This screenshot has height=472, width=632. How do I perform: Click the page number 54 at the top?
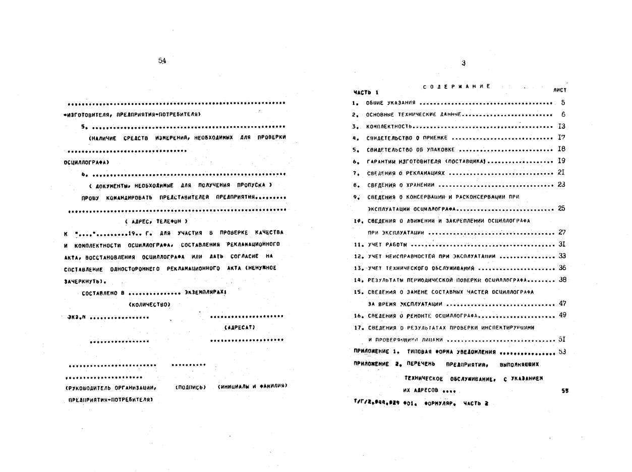(x=162, y=61)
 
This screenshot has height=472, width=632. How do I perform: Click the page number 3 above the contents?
(x=463, y=64)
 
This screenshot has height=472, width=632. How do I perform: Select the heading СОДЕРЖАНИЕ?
(x=456, y=86)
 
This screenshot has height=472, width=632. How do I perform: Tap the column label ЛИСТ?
(x=559, y=90)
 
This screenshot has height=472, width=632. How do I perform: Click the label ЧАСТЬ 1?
(x=366, y=92)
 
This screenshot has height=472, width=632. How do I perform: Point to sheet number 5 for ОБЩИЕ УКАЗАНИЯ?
(x=563, y=102)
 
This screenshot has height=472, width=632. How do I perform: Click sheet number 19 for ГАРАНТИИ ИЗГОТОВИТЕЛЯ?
(x=561, y=161)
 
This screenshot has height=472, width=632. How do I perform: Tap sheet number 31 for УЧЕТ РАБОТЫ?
(x=562, y=244)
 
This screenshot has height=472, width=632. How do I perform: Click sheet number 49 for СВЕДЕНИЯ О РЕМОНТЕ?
(x=562, y=316)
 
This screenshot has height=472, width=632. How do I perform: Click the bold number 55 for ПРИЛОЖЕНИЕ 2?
(x=564, y=391)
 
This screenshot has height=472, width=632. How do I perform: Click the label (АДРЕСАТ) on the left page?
(x=240, y=328)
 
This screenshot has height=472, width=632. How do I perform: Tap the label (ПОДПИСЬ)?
(x=190, y=387)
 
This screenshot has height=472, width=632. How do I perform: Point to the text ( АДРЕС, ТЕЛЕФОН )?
(x=155, y=221)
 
